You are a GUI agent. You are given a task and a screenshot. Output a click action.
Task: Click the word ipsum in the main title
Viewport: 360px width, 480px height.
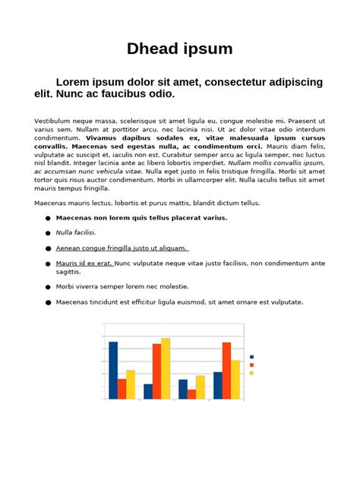click(x=207, y=50)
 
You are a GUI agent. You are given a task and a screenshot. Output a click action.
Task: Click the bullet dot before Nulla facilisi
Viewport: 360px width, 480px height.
click(x=48, y=233)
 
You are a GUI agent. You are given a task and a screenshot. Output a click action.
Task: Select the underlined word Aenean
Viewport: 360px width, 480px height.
click(x=71, y=248)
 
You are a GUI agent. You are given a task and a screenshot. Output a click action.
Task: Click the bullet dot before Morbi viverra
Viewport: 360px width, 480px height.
click(x=48, y=287)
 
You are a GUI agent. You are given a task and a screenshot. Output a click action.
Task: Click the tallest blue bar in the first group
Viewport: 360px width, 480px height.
click(x=113, y=370)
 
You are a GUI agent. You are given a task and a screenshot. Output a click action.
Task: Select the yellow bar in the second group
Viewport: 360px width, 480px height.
click(x=166, y=368)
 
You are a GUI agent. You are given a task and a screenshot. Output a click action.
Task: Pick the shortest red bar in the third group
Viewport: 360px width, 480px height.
click(x=191, y=394)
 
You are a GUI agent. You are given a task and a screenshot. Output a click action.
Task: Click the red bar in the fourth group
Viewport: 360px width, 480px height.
click(x=226, y=371)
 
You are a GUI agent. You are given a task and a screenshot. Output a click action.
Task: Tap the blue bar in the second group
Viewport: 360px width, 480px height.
click(x=148, y=391)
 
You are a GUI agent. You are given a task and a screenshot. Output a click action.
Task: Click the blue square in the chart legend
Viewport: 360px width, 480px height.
click(x=251, y=357)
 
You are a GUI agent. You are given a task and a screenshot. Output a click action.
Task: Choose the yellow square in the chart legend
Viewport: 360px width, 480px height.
click(x=251, y=373)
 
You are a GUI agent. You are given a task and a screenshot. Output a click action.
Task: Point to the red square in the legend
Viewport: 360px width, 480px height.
click(x=251, y=365)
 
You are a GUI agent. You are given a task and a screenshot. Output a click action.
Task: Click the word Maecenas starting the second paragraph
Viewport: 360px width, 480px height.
click(x=52, y=204)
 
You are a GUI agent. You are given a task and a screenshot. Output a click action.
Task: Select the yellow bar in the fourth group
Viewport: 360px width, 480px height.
click(x=235, y=380)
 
